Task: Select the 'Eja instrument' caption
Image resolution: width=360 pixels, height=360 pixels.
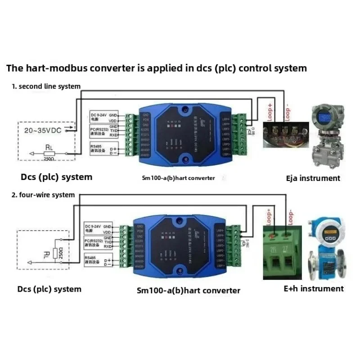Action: (x=313, y=178)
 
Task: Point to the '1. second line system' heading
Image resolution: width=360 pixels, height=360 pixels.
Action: (x=46, y=86)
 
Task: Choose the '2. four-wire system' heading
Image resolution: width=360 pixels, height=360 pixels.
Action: (x=43, y=195)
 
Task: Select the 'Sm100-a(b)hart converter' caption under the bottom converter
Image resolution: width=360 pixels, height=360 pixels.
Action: (x=188, y=290)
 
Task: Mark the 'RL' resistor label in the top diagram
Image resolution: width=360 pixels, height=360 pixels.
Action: (x=49, y=147)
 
